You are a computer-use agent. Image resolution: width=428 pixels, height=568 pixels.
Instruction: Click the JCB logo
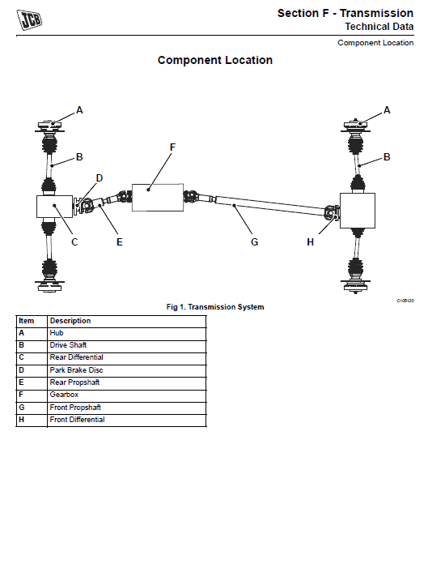(x=29, y=19)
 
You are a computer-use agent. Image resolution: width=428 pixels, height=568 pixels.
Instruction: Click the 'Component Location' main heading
(x=215, y=60)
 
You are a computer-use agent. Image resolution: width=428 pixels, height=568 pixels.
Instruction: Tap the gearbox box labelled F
(x=158, y=198)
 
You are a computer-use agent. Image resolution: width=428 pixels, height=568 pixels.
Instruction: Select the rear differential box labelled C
(x=55, y=207)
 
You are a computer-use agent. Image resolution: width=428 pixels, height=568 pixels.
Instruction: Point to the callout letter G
(x=254, y=242)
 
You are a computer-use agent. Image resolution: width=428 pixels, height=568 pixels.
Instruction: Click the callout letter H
(x=310, y=242)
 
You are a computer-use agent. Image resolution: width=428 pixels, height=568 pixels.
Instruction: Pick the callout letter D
(x=100, y=178)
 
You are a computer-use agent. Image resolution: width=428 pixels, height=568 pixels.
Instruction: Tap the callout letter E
(x=120, y=242)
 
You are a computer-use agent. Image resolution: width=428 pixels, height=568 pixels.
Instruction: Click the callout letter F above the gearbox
(x=172, y=147)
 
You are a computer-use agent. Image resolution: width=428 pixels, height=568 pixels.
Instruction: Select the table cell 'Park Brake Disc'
(x=76, y=370)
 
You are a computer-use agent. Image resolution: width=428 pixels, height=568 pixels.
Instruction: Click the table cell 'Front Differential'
(x=77, y=420)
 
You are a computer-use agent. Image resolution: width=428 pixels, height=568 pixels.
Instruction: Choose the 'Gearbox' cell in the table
(x=64, y=395)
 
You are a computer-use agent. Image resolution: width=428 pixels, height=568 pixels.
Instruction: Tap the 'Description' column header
(x=70, y=321)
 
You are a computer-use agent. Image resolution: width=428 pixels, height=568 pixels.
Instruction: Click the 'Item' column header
(x=26, y=321)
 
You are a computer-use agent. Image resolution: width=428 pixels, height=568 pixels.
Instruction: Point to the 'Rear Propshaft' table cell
(x=74, y=382)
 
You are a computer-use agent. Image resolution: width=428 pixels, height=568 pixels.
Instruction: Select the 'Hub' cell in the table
(x=57, y=333)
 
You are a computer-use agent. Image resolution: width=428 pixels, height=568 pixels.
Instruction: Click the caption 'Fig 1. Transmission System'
(x=215, y=307)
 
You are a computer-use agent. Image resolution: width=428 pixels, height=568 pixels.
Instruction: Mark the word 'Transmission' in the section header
(x=376, y=13)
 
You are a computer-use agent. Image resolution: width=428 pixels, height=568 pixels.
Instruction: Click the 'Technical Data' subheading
(x=379, y=27)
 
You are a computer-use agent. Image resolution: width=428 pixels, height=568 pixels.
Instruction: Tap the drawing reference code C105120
(x=405, y=301)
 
